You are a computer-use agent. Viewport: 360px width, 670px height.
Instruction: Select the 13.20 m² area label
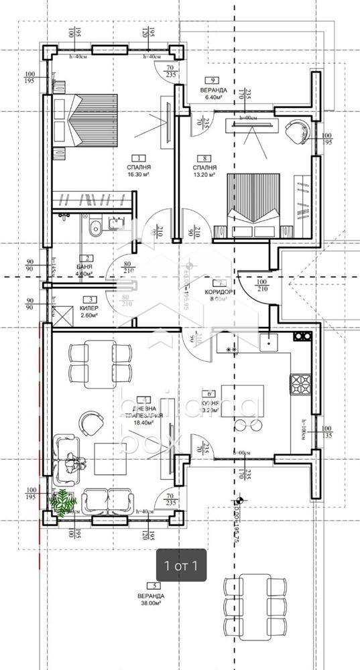[x=203, y=176]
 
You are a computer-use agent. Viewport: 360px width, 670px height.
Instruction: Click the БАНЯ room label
[x=84, y=267]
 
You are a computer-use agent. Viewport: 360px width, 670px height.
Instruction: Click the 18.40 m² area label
[x=143, y=423]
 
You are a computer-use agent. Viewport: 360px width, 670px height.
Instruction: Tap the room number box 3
[x=87, y=300]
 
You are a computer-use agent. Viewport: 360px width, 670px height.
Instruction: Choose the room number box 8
[x=203, y=159]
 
